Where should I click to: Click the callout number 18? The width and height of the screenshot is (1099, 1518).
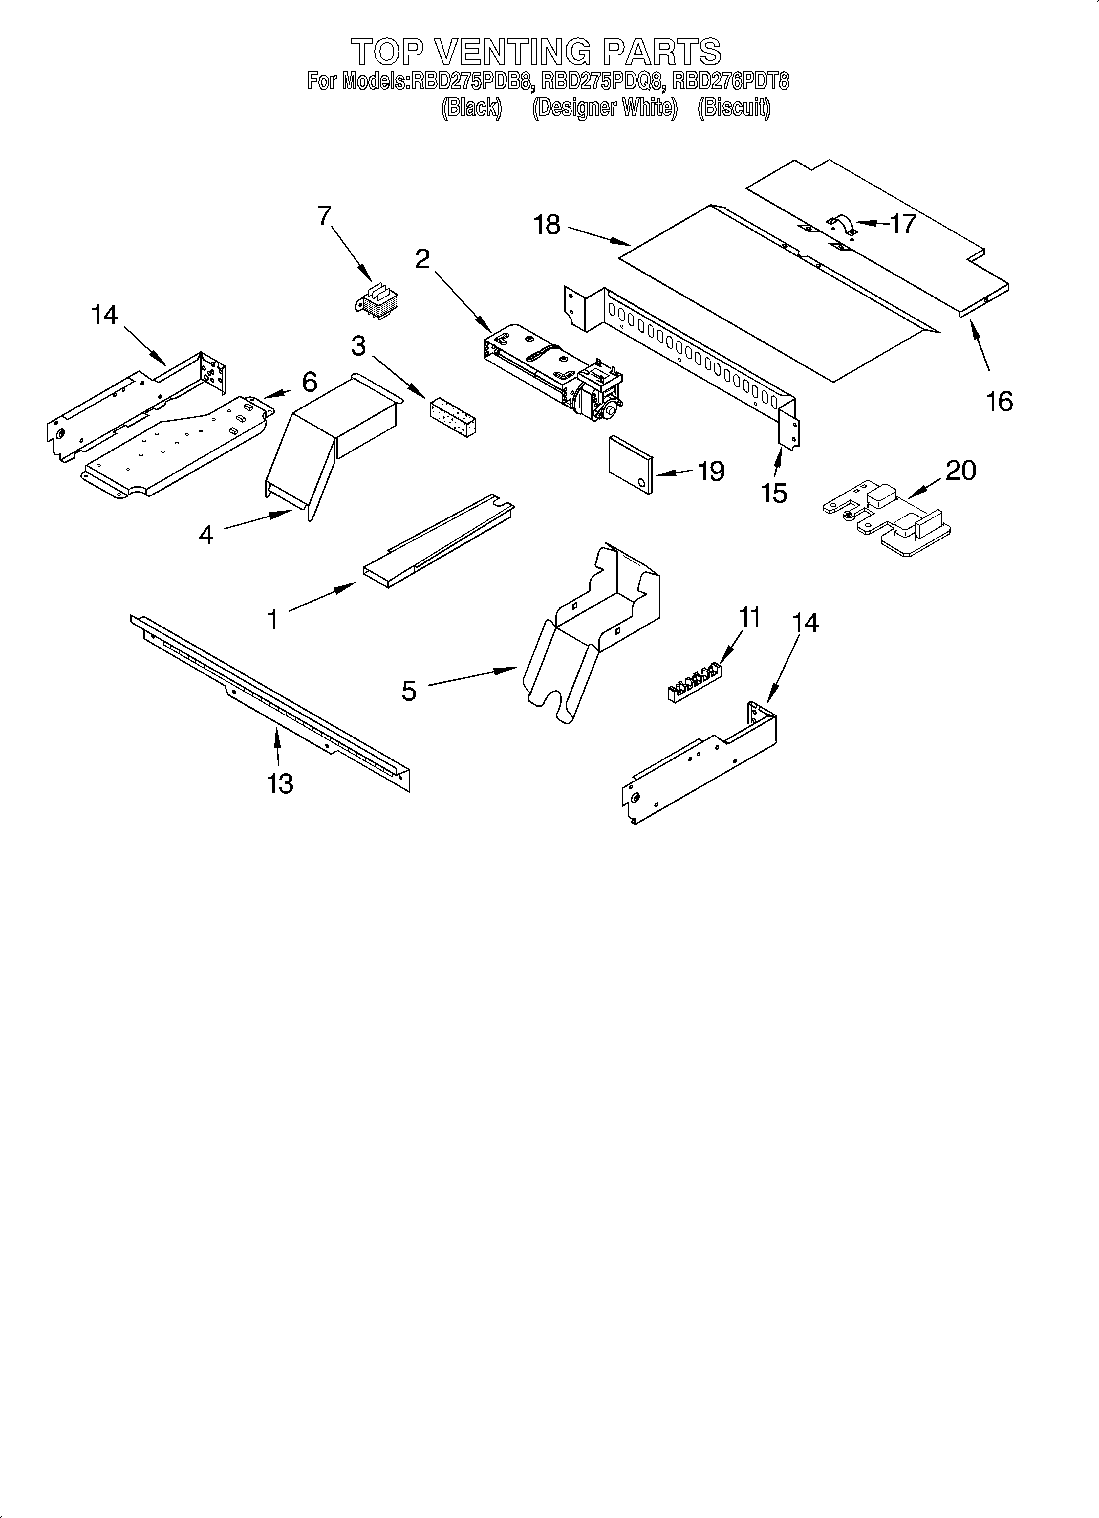pyautogui.click(x=547, y=225)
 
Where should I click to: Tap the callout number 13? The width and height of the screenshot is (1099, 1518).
pyautogui.click(x=280, y=782)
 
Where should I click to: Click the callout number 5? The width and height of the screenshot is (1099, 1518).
pyautogui.click(x=409, y=690)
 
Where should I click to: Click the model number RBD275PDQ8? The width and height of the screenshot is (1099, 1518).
pyautogui.click(x=602, y=82)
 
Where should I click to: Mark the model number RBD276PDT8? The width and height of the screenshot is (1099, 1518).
pyautogui.click(x=731, y=82)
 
